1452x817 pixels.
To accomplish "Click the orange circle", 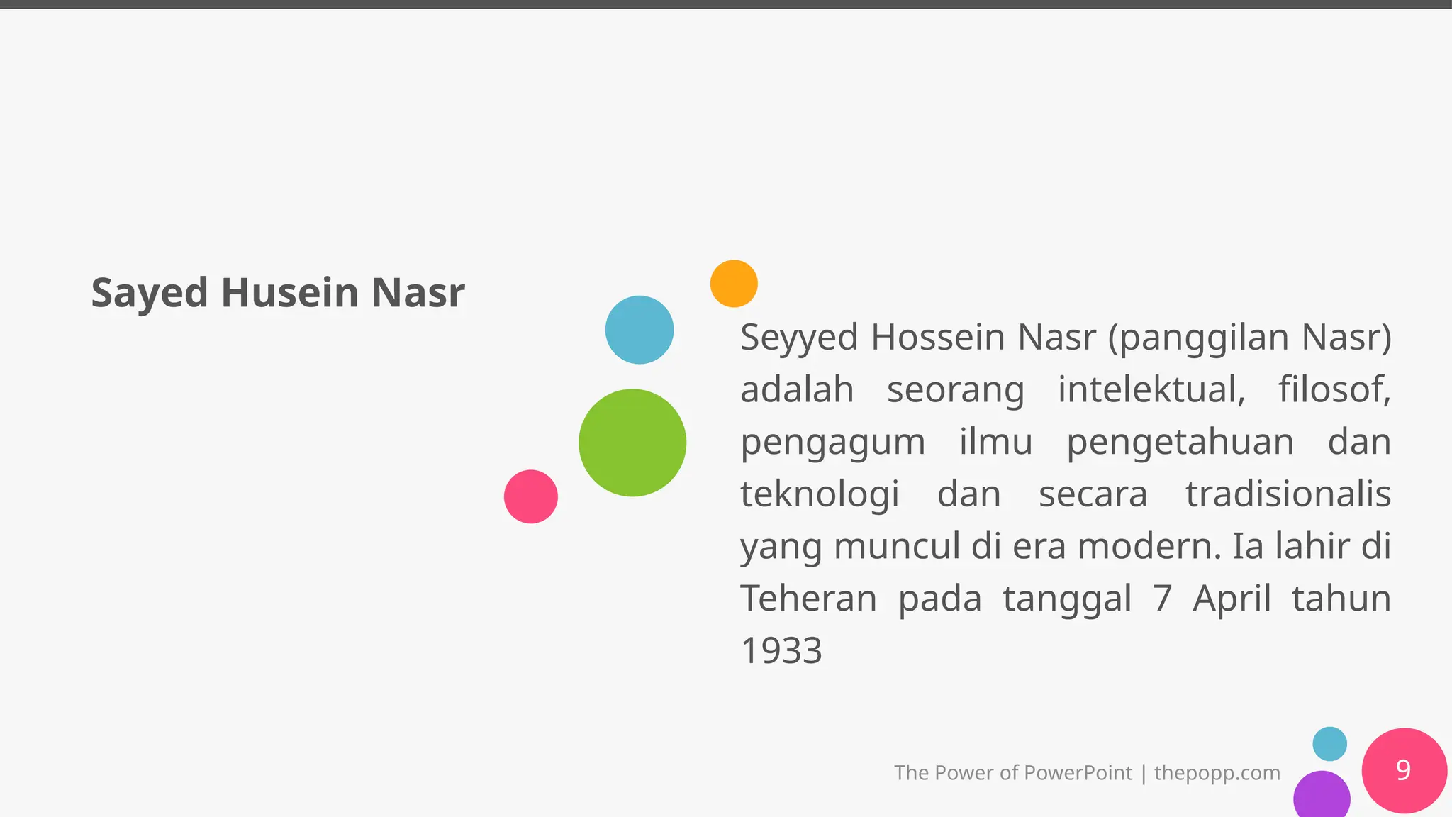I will [x=734, y=284].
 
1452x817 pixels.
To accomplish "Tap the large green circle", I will [x=632, y=443].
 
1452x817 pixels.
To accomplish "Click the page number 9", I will [x=1403, y=770].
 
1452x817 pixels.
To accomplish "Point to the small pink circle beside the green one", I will [x=531, y=496].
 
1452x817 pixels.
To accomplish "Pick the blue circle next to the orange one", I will [x=640, y=330].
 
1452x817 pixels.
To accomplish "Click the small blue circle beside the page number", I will [x=1329, y=744].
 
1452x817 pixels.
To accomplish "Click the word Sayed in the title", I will [x=150, y=293].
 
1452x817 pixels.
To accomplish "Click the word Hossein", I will [x=939, y=338].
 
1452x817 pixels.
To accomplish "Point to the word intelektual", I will [x=1151, y=389].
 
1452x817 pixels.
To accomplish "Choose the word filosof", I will [x=1334, y=389].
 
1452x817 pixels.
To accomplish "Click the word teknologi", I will [x=820, y=494].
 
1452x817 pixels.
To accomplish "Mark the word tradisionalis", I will [x=1288, y=494].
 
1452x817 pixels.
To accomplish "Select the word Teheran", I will [x=809, y=599].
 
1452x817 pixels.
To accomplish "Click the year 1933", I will [x=781, y=651].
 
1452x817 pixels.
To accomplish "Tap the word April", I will [x=1232, y=599].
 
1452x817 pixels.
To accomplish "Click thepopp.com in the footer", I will [x=1217, y=773].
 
